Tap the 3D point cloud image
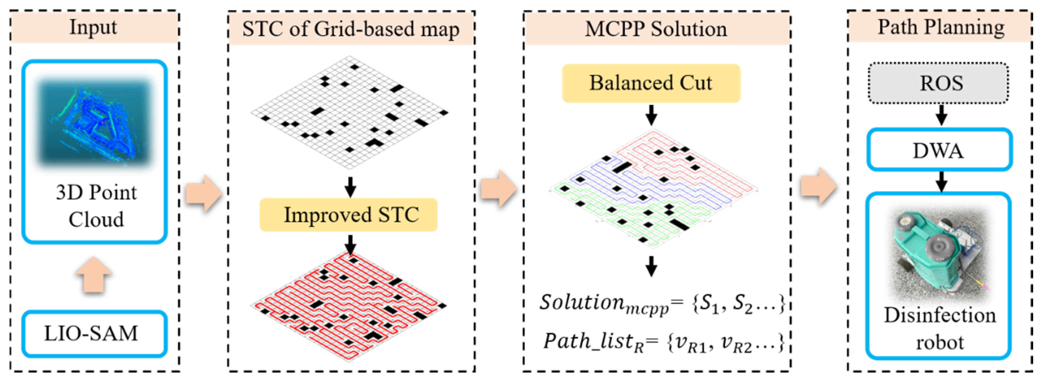click(94, 121)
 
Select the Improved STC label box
click(348, 215)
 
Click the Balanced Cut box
click(651, 83)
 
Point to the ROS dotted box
click(939, 83)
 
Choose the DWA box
click(939, 150)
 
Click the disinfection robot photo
click(939, 255)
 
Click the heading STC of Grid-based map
click(351, 29)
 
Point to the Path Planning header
click(940, 28)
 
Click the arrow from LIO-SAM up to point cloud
click(94, 275)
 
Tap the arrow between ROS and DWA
click(942, 116)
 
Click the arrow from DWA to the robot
click(942, 181)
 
